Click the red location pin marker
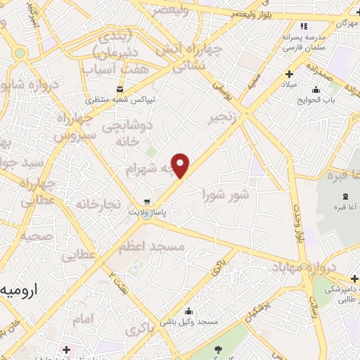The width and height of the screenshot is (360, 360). [x=181, y=166]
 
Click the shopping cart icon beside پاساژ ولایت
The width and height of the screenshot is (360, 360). [x=146, y=199]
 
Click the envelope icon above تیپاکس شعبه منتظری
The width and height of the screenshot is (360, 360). [x=120, y=89]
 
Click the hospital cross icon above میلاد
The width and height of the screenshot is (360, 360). [x=289, y=73]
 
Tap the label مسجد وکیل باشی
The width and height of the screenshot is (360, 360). [x=188, y=322]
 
